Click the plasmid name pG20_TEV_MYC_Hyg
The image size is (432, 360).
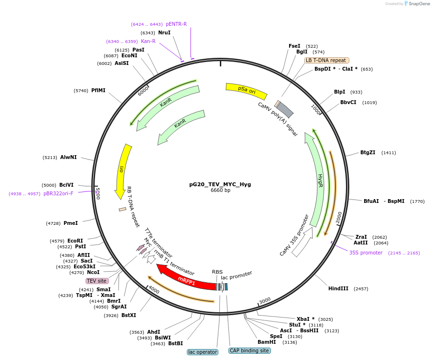tap(220, 184)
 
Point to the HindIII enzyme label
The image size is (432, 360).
tap(338, 289)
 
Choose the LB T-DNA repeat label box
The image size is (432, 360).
tap(326, 61)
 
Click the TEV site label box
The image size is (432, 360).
tap(97, 281)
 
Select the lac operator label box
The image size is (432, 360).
tap(202, 352)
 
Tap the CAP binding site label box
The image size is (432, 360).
tap(249, 351)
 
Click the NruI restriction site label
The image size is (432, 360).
tap(164, 33)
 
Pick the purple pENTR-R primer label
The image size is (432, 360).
tap(176, 24)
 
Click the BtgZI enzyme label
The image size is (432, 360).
tap(367, 153)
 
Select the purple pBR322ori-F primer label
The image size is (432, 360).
tap(58, 194)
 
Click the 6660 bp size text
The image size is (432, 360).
tap(220, 191)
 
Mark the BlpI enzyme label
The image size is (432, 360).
tap(339, 92)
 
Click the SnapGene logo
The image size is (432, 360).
tap(417, 4)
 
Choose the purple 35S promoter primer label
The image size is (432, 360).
tap(366, 253)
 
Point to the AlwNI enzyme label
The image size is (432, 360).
tap(68, 158)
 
